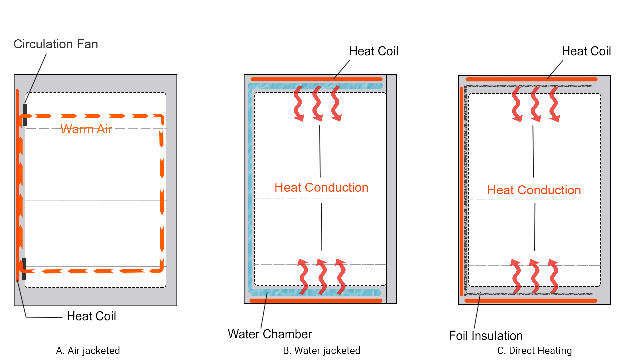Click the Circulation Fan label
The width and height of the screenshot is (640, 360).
point(56,44)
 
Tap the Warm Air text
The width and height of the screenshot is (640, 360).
point(86,129)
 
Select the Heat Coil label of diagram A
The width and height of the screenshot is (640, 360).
point(91,316)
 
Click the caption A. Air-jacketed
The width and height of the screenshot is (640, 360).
point(88,350)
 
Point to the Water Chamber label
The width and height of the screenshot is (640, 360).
point(270,334)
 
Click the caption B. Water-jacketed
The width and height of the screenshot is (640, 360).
point(321,350)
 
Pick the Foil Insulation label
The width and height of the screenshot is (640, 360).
point(486,336)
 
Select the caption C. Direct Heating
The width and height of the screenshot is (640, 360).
point(534,350)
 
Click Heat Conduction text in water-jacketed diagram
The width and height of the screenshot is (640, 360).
point(321,187)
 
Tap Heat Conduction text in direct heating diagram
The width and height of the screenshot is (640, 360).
point(534,190)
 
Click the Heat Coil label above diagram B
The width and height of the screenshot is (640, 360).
point(374,51)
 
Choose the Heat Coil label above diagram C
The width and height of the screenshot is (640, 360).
point(586,51)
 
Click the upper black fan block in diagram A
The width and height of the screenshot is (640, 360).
point(25,114)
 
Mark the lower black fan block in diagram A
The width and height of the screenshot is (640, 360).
point(24,269)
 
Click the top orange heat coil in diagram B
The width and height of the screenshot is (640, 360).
point(316,79)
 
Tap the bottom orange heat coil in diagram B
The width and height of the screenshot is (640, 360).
point(316,301)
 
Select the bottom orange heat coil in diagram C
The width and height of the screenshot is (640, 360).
point(531,301)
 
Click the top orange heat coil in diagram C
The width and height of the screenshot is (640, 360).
point(531,79)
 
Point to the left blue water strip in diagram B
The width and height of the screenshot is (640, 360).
point(250,187)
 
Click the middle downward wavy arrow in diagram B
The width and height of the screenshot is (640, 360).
point(317,103)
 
